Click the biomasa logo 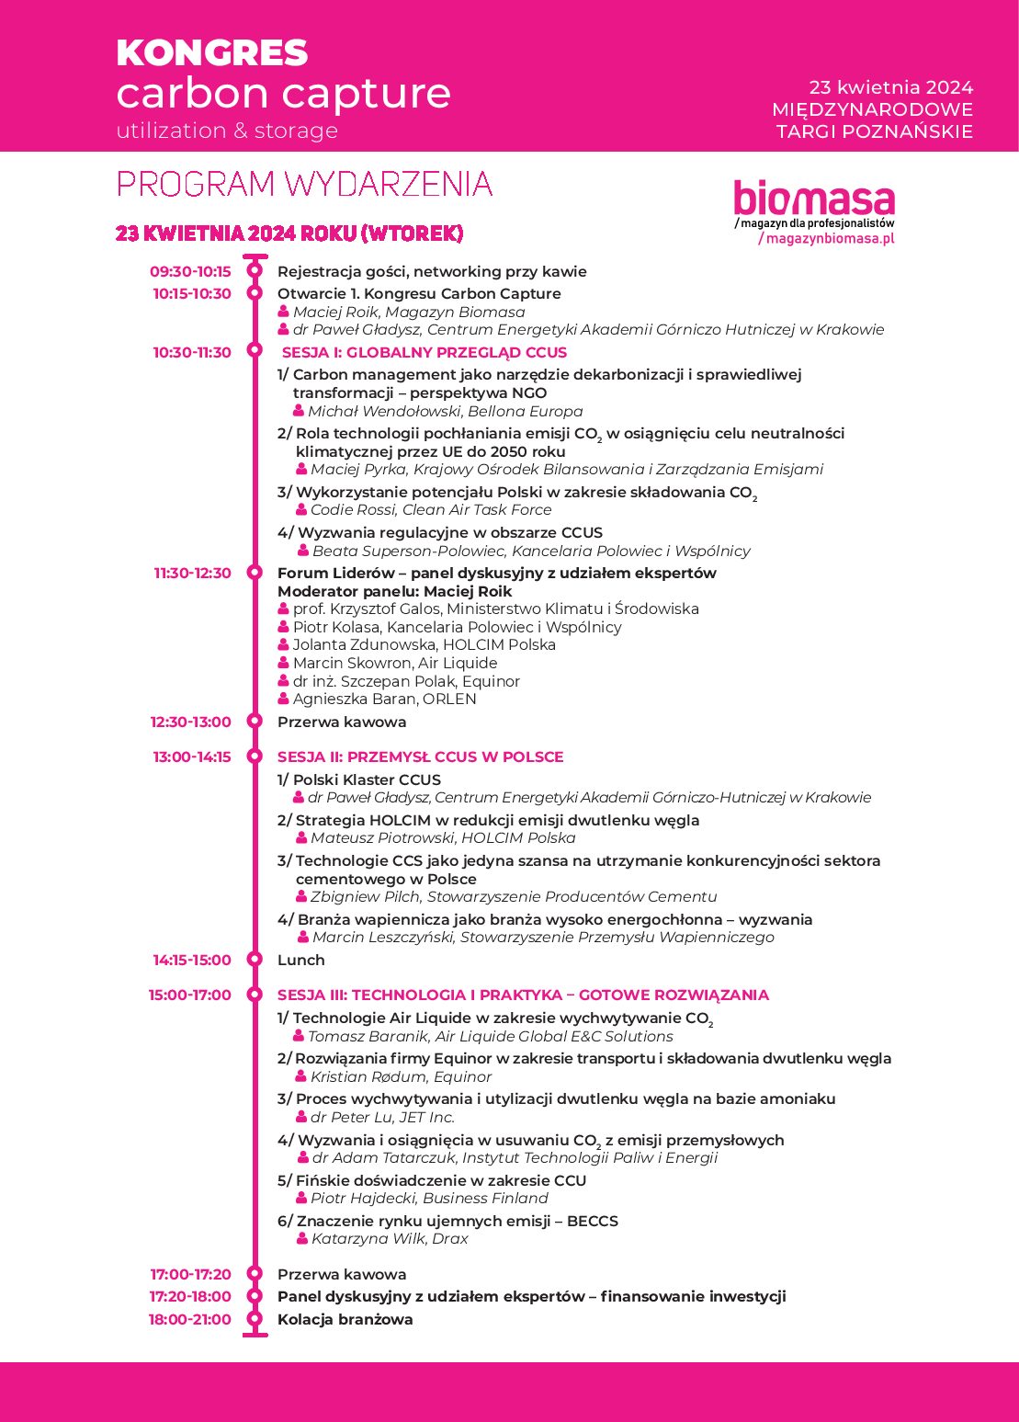click(x=814, y=199)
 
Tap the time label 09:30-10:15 click(x=191, y=272)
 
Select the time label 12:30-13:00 click(x=191, y=722)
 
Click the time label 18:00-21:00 click(x=190, y=1320)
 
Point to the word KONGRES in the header click(x=212, y=53)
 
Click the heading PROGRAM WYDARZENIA click(x=304, y=185)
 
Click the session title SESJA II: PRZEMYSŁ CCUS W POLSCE click(x=420, y=757)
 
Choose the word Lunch click(x=301, y=961)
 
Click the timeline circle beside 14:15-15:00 click(x=255, y=961)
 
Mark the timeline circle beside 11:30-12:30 click(x=255, y=574)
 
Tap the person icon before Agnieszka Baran click(x=284, y=699)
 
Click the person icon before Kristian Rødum click(x=301, y=1076)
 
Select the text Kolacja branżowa click(x=345, y=1320)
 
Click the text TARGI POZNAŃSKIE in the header click(x=874, y=131)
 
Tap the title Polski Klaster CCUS click(x=366, y=780)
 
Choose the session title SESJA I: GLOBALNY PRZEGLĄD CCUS click(x=424, y=353)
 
